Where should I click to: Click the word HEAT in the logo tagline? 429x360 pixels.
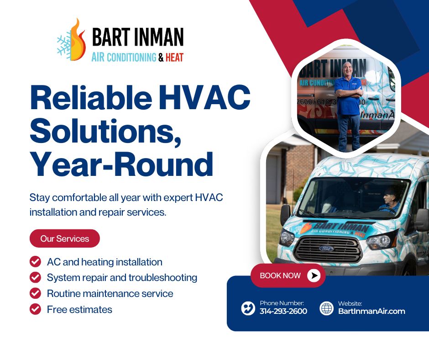[x=174, y=58]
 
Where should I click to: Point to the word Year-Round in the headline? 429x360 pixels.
[x=121, y=164]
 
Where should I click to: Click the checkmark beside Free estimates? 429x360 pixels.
[x=35, y=309]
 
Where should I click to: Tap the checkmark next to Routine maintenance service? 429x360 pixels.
[x=35, y=293]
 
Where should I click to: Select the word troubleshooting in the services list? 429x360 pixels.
[x=163, y=278]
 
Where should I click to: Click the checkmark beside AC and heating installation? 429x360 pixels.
[x=35, y=262]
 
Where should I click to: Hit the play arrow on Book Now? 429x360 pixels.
[x=314, y=275]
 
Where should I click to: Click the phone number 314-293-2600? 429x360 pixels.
[x=283, y=311]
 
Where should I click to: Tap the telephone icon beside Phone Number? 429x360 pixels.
[x=248, y=308]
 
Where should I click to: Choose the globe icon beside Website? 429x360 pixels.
[x=327, y=308]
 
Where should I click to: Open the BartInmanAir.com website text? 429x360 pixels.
[x=371, y=311]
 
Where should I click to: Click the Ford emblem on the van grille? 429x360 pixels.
[x=327, y=249]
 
